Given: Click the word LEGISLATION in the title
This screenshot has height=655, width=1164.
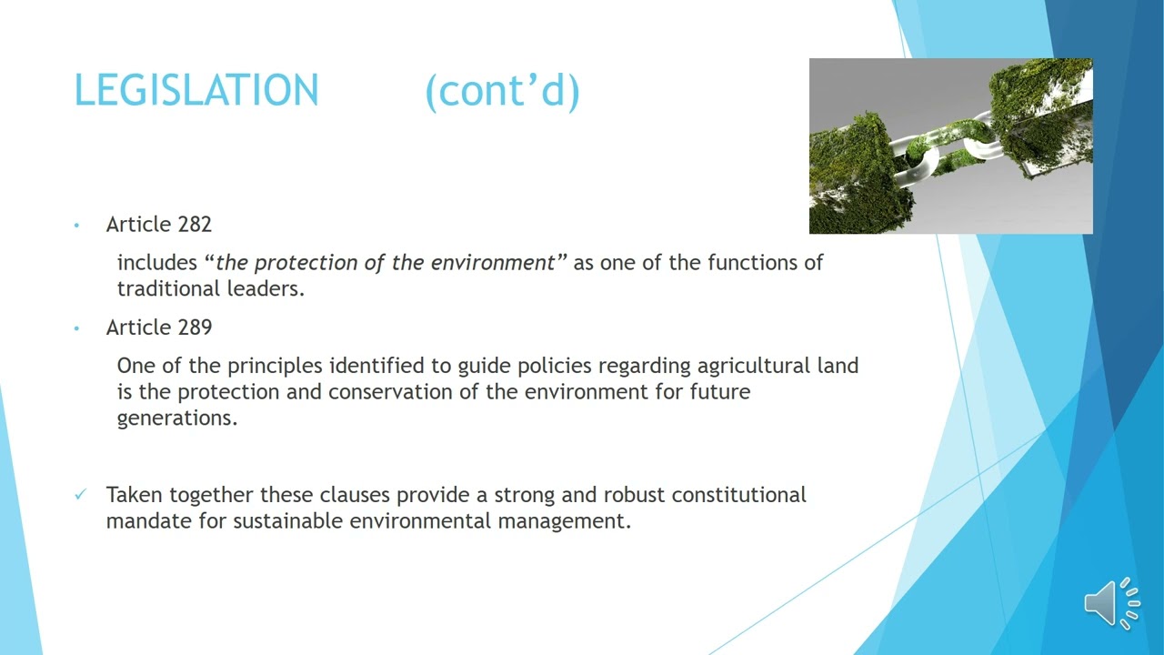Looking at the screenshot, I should (x=196, y=91).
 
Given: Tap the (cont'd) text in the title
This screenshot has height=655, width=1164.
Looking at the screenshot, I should (x=502, y=91).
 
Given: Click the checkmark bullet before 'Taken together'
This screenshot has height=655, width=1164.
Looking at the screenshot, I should (x=80, y=494).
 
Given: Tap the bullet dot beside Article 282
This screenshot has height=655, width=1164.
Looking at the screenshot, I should (x=77, y=225).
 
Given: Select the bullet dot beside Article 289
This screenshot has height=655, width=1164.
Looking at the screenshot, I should (x=77, y=327).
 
